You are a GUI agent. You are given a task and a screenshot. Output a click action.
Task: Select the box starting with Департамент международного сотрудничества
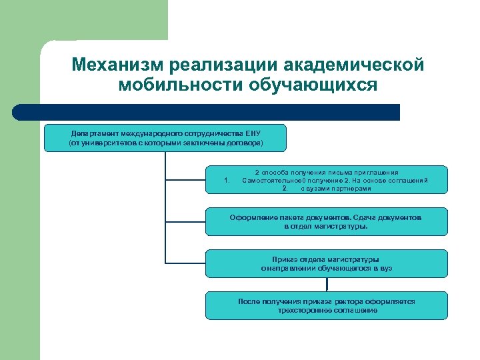(165, 138)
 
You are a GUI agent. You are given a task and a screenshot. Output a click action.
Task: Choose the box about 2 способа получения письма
(327, 180)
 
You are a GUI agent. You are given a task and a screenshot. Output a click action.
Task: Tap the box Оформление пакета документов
(327, 222)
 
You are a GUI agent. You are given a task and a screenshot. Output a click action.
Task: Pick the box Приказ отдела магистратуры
(327, 263)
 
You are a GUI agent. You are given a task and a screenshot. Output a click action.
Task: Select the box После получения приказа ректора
(327, 305)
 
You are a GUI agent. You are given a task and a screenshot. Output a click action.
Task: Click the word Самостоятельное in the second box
(271, 180)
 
